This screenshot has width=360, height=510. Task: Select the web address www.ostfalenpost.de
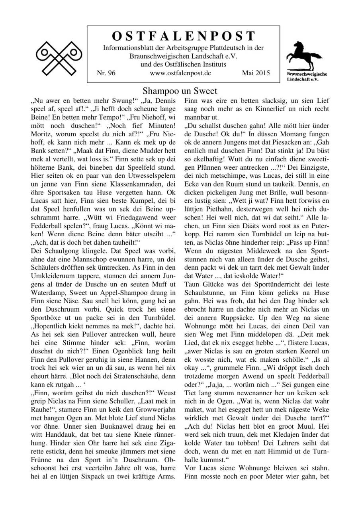[180, 73]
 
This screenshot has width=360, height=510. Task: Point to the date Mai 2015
[256, 73]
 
